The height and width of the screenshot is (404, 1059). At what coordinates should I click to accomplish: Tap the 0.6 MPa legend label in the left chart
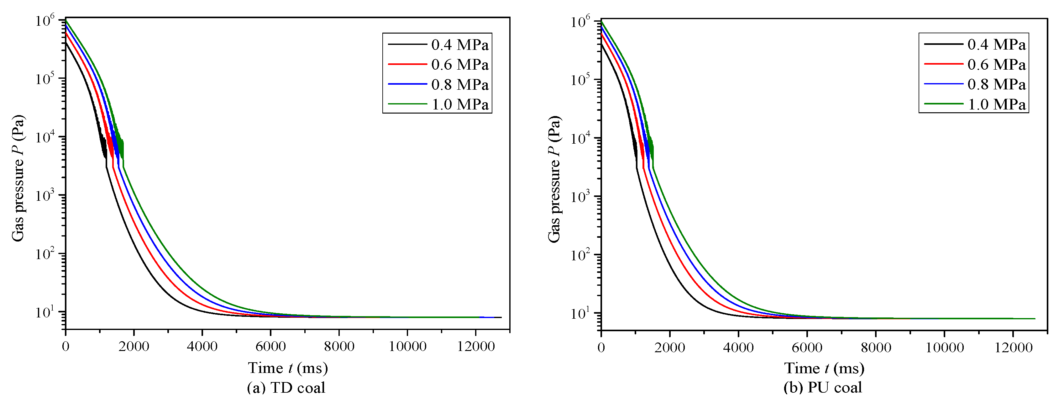(460, 65)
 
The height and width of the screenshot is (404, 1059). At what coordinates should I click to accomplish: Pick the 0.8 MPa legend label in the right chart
(996, 84)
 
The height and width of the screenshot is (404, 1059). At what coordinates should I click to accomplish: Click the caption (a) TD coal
(286, 388)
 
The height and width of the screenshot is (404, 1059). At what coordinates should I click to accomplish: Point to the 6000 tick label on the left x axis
(270, 346)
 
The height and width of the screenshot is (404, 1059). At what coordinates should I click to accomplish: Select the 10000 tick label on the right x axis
(944, 348)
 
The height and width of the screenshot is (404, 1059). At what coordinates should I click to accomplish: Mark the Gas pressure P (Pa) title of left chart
(18, 178)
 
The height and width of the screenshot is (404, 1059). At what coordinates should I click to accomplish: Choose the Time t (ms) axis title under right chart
(824, 368)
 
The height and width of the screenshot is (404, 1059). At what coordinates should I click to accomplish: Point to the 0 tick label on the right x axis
(601, 348)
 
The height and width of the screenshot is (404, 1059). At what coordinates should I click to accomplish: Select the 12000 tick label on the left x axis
(476, 346)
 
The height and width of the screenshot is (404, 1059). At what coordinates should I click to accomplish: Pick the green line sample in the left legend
(407, 104)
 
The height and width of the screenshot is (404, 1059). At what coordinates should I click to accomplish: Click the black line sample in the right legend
(943, 44)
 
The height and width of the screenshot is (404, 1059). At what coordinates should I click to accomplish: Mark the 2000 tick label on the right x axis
(670, 348)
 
